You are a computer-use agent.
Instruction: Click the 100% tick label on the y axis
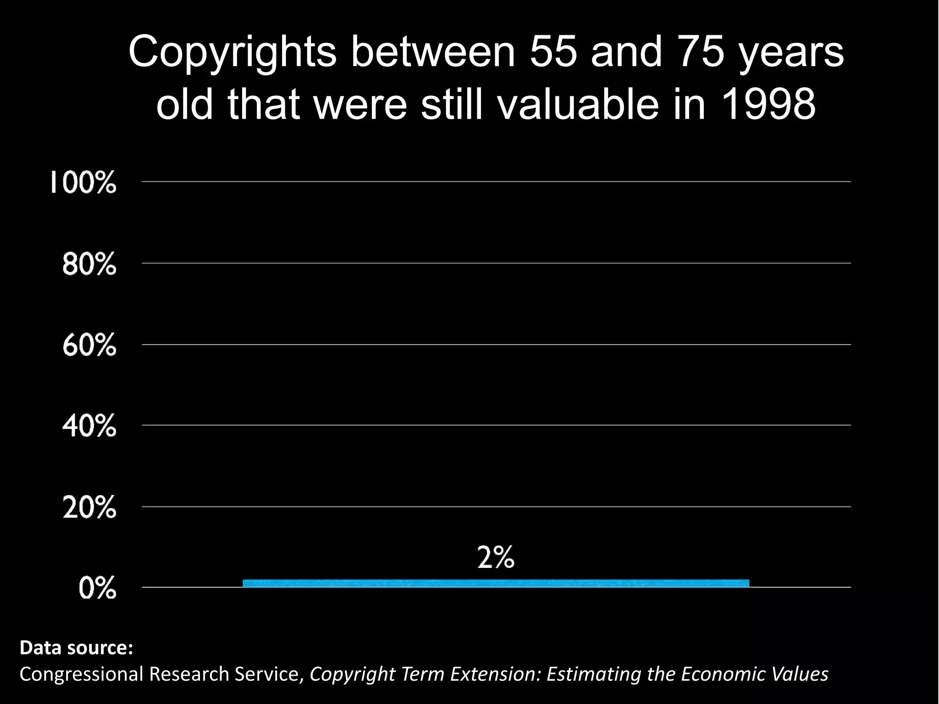click(83, 182)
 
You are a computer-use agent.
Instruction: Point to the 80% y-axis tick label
click(89, 264)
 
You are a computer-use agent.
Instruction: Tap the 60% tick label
click(89, 345)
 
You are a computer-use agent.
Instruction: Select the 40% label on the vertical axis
click(89, 426)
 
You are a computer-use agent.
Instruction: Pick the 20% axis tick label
click(89, 508)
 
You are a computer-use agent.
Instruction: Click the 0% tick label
click(97, 588)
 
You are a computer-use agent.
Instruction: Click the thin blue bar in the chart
click(496, 583)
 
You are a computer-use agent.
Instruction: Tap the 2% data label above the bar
click(496, 558)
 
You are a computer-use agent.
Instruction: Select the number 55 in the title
click(553, 51)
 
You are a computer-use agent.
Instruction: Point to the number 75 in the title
click(701, 51)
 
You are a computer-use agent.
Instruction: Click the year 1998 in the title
click(768, 104)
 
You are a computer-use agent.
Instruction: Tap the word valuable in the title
click(579, 104)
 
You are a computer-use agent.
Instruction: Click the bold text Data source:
click(76, 648)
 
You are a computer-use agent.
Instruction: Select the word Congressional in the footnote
click(82, 674)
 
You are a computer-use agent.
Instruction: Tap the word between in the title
click(433, 51)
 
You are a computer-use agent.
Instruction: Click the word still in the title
click(452, 104)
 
